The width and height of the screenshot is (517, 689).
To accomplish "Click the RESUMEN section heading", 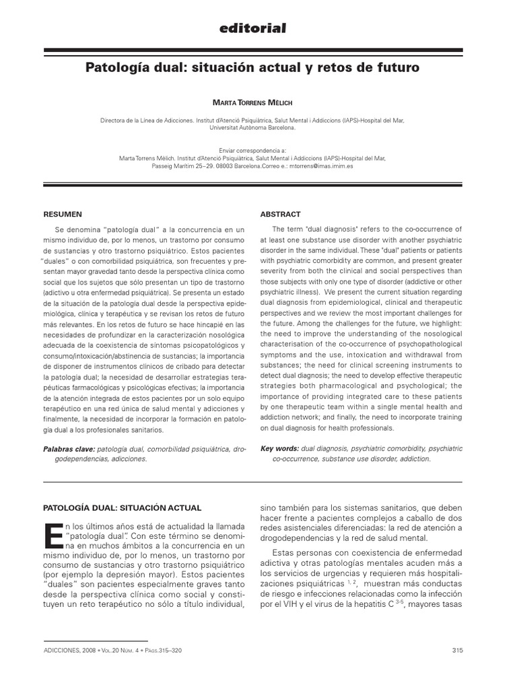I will coord(63,214).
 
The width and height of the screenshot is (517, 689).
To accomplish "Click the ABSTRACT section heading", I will coord(280,214).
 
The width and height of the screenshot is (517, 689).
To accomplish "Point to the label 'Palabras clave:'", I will coord(69,448).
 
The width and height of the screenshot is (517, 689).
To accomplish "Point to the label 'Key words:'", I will coord(280,448).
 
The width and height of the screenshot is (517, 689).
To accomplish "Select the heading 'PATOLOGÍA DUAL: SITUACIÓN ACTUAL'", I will coord(122,507).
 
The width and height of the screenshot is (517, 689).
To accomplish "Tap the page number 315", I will coord(458,650).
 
